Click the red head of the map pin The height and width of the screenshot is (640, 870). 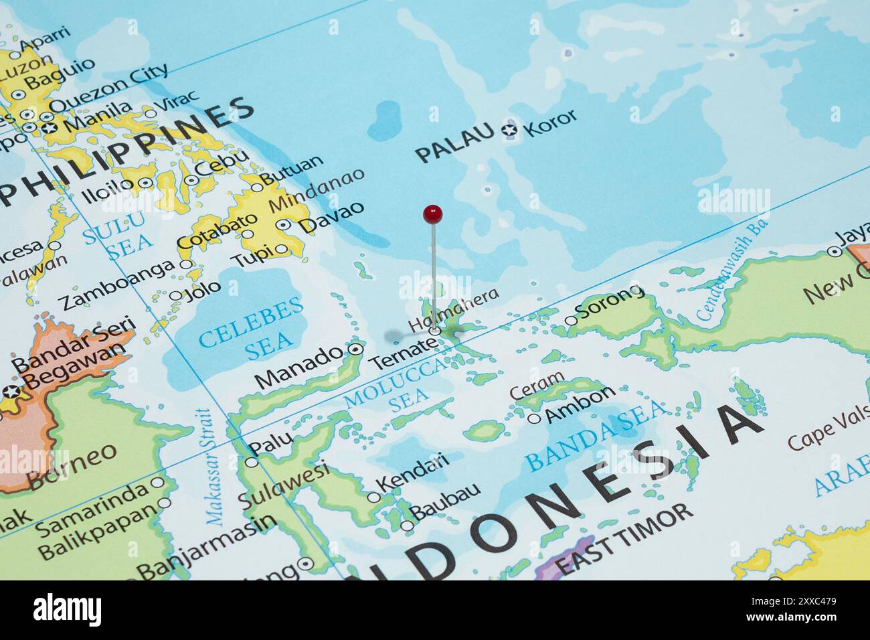pos(433,214)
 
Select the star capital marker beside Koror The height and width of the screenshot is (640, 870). pos(511,131)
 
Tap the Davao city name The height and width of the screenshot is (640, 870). pos(332,216)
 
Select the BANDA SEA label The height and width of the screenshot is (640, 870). pos(595,434)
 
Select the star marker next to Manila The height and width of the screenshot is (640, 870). pos(49,127)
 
